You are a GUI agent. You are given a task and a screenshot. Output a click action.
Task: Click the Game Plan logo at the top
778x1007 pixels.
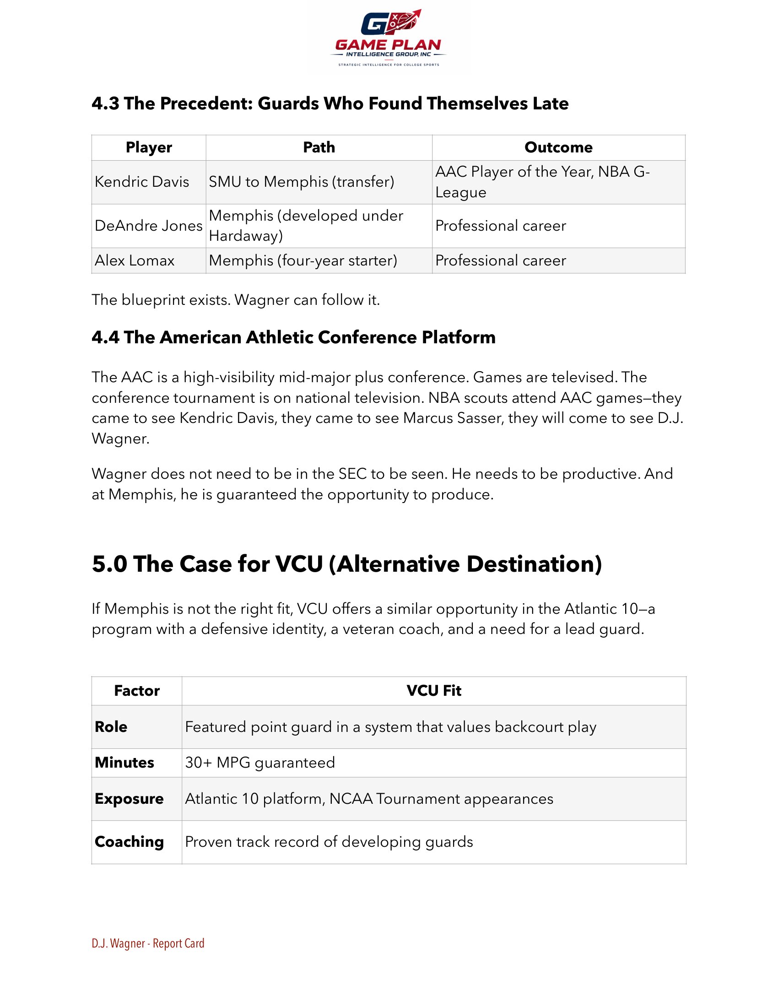pyautogui.click(x=389, y=39)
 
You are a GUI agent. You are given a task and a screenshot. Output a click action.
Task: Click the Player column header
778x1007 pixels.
pyautogui.click(x=148, y=147)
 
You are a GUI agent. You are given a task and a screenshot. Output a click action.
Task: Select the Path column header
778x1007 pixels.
pyautogui.click(x=319, y=147)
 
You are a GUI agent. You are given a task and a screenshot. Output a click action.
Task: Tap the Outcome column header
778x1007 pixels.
pyautogui.click(x=558, y=147)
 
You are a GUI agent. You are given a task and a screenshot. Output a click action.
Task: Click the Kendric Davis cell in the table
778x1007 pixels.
pyautogui.click(x=142, y=182)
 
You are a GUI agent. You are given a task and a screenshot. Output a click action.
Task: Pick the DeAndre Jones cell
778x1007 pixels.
pyautogui.click(x=148, y=226)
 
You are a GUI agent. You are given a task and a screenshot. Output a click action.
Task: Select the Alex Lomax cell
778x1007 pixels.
pyautogui.click(x=135, y=260)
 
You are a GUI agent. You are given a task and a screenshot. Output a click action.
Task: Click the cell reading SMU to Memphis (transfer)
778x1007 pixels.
pyautogui.click(x=302, y=182)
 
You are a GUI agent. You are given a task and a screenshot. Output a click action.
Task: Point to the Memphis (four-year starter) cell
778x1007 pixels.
pyautogui.click(x=303, y=260)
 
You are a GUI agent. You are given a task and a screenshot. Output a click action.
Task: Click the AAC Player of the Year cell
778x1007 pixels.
pyautogui.click(x=542, y=182)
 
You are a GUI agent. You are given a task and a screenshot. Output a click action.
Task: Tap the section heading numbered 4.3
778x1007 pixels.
pyautogui.click(x=330, y=103)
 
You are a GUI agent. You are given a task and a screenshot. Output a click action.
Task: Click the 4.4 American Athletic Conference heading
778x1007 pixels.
pyautogui.click(x=294, y=337)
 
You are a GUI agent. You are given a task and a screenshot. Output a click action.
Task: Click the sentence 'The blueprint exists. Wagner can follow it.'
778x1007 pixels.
pyautogui.click(x=236, y=300)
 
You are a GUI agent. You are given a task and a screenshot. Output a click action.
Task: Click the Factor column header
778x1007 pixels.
pyautogui.click(x=136, y=690)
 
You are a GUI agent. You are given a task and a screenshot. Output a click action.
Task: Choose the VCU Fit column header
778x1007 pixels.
pyautogui.click(x=433, y=690)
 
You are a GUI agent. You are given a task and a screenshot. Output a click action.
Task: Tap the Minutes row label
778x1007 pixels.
pyautogui.click(x=124, y=762)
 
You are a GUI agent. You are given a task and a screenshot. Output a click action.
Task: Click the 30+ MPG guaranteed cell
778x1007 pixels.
pyautogui.click(x=260, y=762)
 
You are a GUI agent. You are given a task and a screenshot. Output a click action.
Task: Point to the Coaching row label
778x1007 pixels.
pyautogui.click(x=129, y=841)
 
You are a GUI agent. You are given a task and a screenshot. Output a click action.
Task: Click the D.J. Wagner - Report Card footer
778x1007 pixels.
pyautogui.click(x=148, y=943)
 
